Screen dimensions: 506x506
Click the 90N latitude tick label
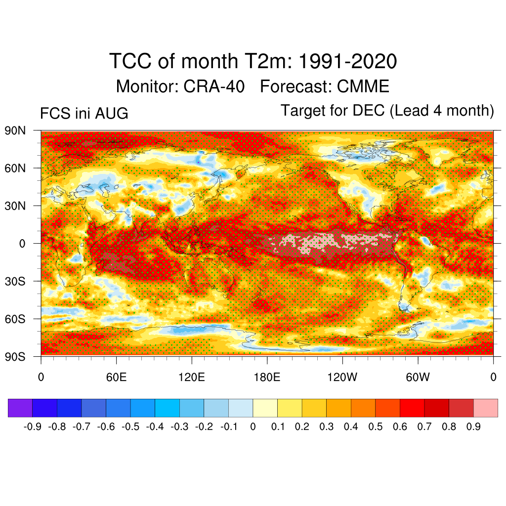click(x=15, y=130)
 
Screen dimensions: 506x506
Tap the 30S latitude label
click(x=15, y=281)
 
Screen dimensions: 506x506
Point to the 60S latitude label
click(x=15, y=319)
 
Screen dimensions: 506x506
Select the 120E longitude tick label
click(x=192, y=377)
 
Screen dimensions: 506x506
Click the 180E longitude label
click(x=267, y=377)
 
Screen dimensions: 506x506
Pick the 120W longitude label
click(x=342, y=377)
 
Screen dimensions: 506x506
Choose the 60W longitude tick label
click(x=418, y=377)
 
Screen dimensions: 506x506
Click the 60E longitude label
click(x=117, y=377)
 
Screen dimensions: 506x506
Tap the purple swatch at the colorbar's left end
click(x=20, y=408)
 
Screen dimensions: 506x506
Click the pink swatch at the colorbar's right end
click(x=486, y=408)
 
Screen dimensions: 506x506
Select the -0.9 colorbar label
click(x=33, y=426)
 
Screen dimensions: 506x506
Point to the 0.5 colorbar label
click(x=376, y=426)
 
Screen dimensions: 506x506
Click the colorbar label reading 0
click(x=253, y=426)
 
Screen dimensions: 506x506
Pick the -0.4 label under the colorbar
click(x=155, y=426)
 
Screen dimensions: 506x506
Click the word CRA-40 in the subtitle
click(x=214, y=86)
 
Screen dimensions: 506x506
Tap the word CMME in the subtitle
click(x=363, y=86)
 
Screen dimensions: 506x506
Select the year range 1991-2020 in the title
click(x=347, y=61)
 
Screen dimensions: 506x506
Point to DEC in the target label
click(x=369, y=110)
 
